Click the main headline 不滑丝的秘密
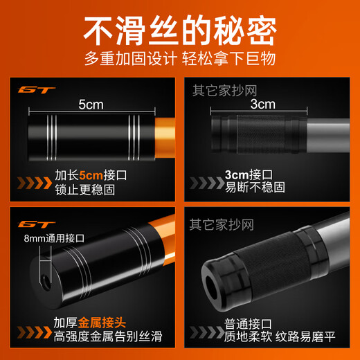pos(180,30)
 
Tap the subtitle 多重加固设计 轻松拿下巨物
pos(180,60)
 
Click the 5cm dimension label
pos(90,105)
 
